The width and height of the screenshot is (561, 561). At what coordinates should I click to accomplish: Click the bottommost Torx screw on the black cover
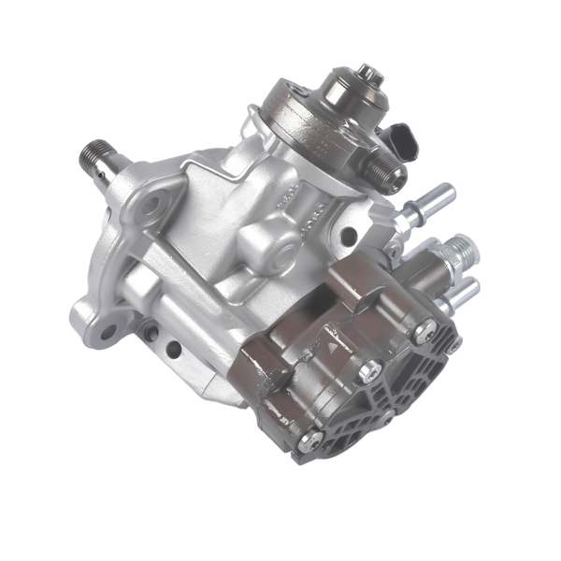tap(312, 439)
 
